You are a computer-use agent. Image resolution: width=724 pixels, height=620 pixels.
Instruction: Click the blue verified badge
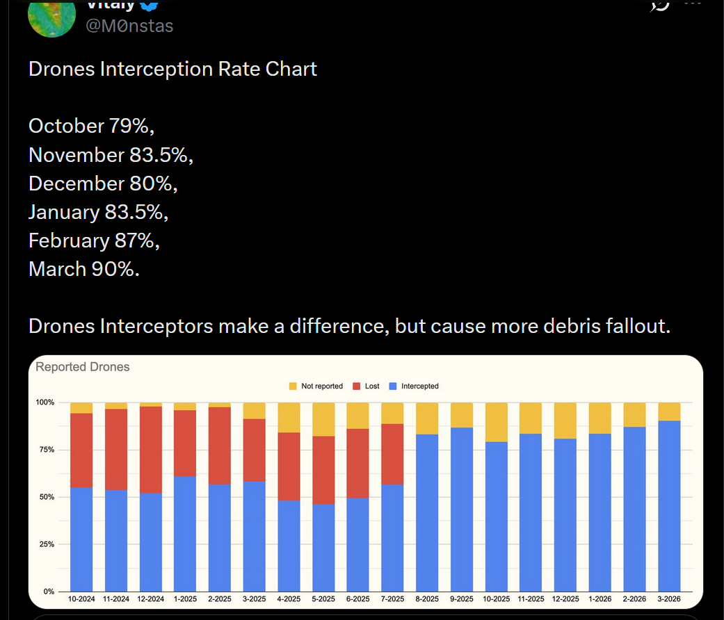click(150, 4)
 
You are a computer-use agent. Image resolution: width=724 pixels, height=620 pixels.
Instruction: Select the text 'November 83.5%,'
click(111, 155)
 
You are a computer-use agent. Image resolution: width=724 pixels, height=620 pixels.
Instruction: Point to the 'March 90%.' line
click(84, 268)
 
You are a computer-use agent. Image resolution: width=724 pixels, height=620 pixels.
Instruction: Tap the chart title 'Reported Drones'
click(83, 367)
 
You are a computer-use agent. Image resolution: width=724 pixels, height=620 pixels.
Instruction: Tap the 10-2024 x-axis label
click(81, 599)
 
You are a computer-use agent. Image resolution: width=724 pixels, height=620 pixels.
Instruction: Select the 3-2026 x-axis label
click(668, 599)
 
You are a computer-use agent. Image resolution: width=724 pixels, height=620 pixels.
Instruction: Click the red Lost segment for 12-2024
click(151, 450)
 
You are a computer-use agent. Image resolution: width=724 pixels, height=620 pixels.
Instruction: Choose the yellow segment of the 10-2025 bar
click(496, 422)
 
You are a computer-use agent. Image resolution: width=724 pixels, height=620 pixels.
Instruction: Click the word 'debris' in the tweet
click(551, 326)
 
